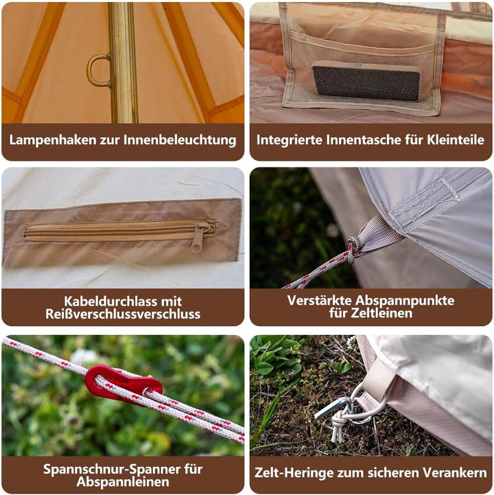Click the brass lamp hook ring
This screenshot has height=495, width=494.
tap(90, 70)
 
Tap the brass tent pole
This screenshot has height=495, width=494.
tap(123, 62)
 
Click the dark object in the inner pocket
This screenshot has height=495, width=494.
tap(366, 82)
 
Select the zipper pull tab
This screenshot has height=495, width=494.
tap(199, 237)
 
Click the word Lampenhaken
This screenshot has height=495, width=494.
tap(53, 140)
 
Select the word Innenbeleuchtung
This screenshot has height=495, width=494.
tap(180, 140)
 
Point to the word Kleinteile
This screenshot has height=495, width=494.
tap(456, 140)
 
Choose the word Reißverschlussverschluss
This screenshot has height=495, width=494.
tap(123, 314)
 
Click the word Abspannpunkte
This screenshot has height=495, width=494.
tap(405, 301)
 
